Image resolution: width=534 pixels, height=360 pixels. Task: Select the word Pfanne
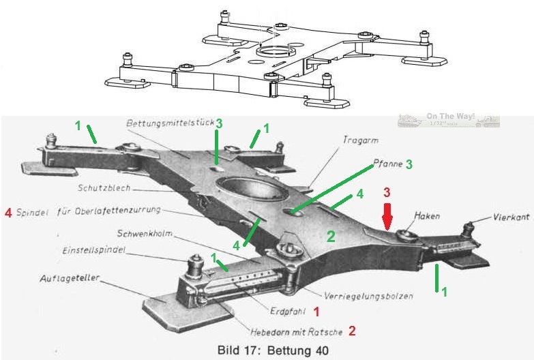[x=385, y=164]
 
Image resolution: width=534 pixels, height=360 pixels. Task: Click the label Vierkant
[x=507, y=217]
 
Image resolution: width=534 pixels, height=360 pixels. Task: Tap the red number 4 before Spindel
[x=8, y=212]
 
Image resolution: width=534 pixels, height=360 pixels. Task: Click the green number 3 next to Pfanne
[x=409, y=164]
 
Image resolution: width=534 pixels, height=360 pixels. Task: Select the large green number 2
[x=330, y=237]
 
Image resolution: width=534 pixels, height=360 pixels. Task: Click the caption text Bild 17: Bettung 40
[x=272, y=350]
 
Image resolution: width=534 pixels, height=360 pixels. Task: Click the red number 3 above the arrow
[x=386, y=192]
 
